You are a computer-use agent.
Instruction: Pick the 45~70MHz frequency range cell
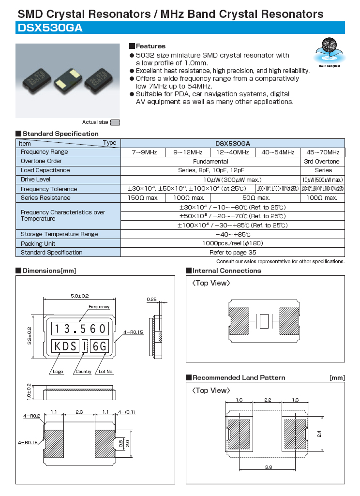click(x=323, y=152)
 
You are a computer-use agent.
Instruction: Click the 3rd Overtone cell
click(x=323, y=161)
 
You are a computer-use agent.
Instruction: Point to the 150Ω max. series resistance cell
click(x=143, y=197)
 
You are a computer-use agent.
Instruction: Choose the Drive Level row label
click(x=36, y=179)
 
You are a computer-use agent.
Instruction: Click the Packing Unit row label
click(x=38, y=243)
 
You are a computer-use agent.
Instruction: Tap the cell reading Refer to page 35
click(x=233, y=252)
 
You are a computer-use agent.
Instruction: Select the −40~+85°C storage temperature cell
click(x=233, y=234)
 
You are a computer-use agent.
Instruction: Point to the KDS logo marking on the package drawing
click(x=66, y=346)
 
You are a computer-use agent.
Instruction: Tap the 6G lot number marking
click(x=99, y=346)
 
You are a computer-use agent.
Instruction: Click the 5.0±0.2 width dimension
click(x=80, y=295)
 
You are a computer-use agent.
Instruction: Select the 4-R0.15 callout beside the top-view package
click(x=134, y=332)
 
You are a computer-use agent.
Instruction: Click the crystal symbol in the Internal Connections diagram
click(x=264, y=320)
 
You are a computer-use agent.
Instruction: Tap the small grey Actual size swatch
click(x=115, y=122)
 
